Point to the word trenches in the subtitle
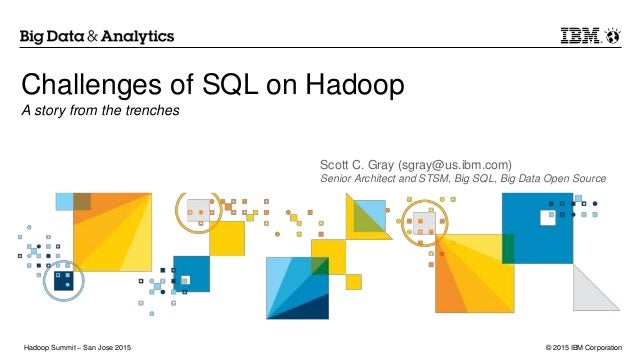[x=154, y=110]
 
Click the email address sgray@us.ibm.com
[x=455, y=162]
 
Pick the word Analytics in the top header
[x=139, y=37]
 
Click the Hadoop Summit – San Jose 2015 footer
[x=77, y=346]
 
